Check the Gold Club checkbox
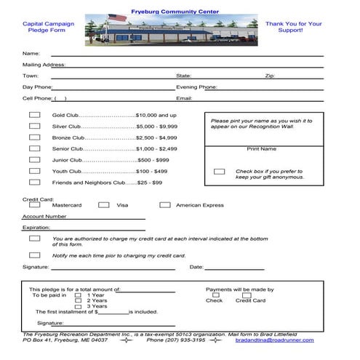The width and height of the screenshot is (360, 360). coord(34,114)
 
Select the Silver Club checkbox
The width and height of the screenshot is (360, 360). coord(34,126)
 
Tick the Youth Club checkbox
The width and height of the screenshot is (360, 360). coord(34,171)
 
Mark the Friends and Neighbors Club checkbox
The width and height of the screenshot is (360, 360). coord(34,182)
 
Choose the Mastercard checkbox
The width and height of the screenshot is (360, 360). coord(34,205)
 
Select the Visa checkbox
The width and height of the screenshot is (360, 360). coord(101,205)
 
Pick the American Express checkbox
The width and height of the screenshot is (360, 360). coord(165,205)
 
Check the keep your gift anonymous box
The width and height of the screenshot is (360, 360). coord(219,172)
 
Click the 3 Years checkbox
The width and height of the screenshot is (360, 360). coord(78,306)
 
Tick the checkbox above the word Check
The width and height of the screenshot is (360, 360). coord(215,295)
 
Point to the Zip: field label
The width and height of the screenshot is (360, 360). coord(270,76)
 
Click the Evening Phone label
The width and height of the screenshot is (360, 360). coord(196,87)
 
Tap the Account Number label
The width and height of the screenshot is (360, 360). coord(44,216)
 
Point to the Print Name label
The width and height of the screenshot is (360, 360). coord(261,148)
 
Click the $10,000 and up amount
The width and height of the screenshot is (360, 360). coord(156,115)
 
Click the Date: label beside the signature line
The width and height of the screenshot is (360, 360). coord(196,267)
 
